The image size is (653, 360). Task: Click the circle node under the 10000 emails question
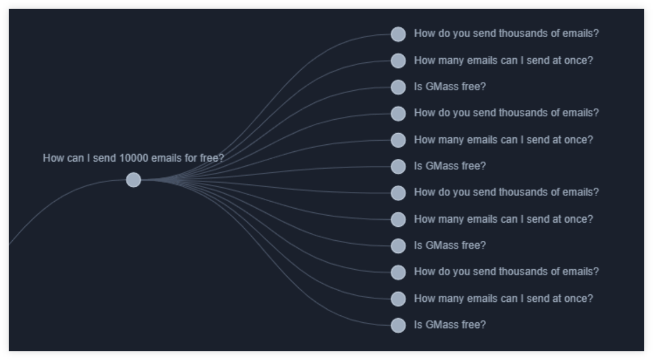(x=134, y=180)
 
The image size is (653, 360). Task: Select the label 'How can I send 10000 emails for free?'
(x=133, y=158)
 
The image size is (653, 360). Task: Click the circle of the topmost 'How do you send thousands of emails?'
(x=398, y=34)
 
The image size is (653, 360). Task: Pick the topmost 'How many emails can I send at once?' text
(x=504, y=60)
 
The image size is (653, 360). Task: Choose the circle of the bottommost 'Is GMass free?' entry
(x=398, y=326)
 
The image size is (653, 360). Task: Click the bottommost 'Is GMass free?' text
(x=449, y=325)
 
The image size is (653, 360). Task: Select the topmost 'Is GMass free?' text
(x=449, y=87)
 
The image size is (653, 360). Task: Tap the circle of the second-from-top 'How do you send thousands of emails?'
(x=398, y=113)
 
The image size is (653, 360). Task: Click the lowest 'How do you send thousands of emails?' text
(x=506, y=272)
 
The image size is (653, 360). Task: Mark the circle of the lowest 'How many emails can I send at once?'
(x=398, y=299)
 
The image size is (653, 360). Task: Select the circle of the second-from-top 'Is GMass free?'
(x=398, y=167)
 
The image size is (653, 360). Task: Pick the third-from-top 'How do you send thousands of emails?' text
(x=506, y=192)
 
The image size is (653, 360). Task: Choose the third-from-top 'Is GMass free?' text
(x=449, y=245)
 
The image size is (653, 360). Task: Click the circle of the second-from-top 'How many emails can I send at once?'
(x=398, y=140)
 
